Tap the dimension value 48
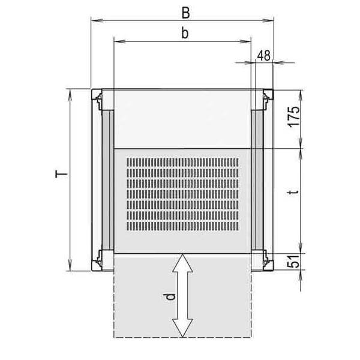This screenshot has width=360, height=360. point(263,55)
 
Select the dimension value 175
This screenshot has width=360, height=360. point(293,115)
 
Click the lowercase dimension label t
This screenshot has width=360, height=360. point(292,193)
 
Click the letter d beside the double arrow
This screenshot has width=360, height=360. point(171,296)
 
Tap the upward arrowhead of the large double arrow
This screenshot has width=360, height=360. point(182,262)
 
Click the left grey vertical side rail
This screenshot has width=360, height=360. point(107,180)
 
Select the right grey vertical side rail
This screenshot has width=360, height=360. point(257,180)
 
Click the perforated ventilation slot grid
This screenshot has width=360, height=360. point(182,194)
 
